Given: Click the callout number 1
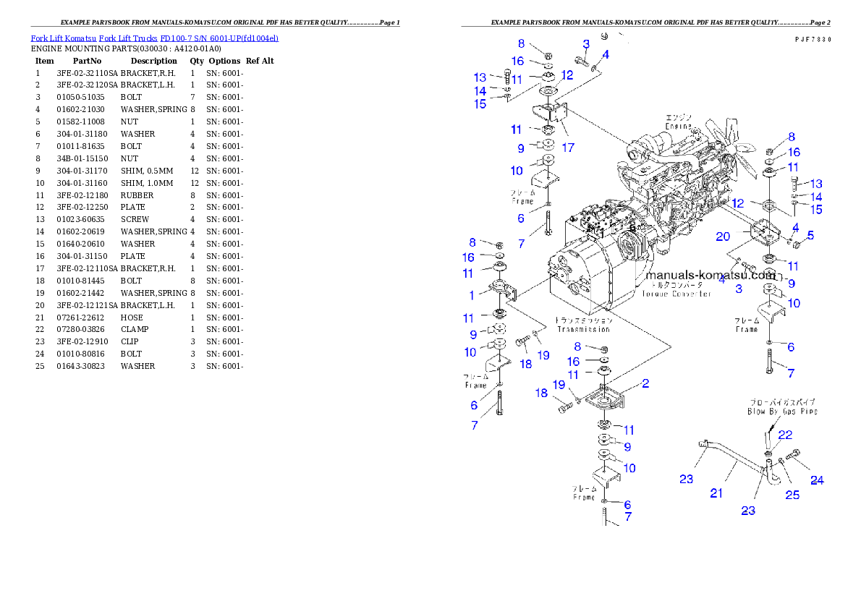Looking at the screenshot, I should coord(472,295).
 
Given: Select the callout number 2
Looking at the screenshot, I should coord(645,383).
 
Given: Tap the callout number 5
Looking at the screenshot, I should coord(810,235).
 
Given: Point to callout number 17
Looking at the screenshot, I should coord(568,148).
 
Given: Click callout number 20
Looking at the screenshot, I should coord(723,237).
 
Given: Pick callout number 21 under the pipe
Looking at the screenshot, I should coord(716,493).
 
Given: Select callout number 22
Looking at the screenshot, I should coord(785,435).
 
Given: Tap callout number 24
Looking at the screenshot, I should coord(817,480).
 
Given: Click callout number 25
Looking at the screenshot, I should coord(792,495).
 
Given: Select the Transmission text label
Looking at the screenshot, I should coord(584,329).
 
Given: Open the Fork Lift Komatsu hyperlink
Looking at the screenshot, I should coord(154,38).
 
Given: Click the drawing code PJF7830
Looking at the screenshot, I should coord(811,41).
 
